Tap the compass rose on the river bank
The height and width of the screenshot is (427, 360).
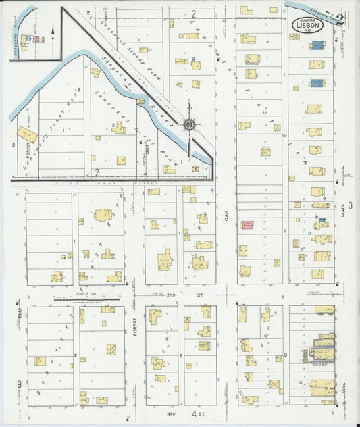tap(190, 124)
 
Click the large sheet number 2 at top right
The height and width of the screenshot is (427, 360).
tap(340, 20)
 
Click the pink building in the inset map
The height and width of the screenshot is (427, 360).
tap(36, 39)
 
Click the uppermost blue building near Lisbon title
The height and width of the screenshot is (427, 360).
tap(317, 46)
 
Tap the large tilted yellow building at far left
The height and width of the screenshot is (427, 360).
tap(27, 134)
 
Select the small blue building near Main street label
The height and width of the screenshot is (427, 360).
tap(322, 220)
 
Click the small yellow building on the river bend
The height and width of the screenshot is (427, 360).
tap(140, 101)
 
